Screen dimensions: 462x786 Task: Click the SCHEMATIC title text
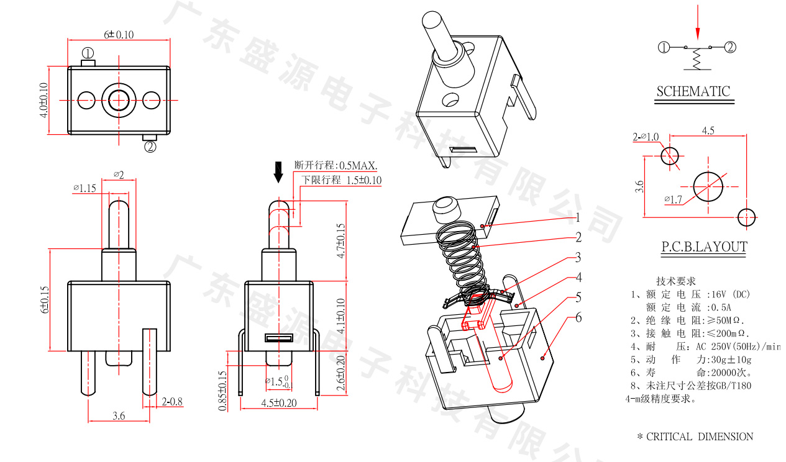[x=693, y=91]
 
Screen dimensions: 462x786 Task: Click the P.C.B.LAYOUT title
[x=703, y=247]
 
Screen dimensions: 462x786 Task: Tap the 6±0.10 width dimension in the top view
[x=119, y=34]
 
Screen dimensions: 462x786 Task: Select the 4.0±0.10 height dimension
[x=43, y=100]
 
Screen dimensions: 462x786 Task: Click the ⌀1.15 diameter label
[x=85, y=188]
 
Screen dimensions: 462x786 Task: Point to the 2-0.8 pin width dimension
[x=172, y=402]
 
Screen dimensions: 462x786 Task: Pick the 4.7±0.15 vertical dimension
[x=340, y=241]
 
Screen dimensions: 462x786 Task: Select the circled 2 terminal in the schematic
[x=731, y=47]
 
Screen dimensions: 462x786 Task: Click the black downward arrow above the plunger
[x=278, y=172]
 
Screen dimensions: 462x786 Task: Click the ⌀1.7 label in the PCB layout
[x=673, y=199]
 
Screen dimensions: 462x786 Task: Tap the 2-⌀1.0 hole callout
[x=646, y=137]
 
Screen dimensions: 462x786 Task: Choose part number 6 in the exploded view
[x=578, y=318]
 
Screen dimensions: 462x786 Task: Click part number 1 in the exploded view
[x=577, y=217]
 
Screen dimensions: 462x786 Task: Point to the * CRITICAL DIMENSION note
[x=695, y=437]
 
